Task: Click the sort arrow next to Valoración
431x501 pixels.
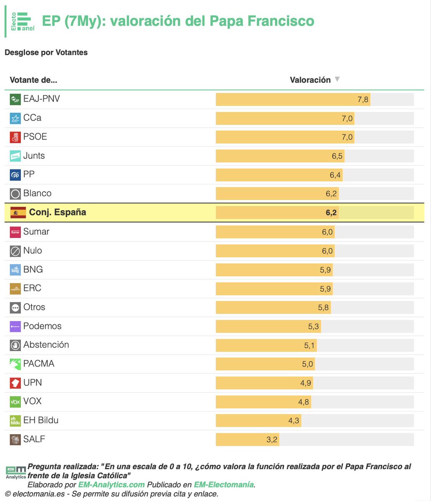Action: (x=337, y=79)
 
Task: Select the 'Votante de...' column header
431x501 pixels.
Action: (x=33, y=80)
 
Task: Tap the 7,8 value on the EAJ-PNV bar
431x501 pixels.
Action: (x=363, y=99)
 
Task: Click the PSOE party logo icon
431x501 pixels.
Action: (x=15, y=137)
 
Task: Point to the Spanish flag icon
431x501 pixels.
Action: (x=18, y=213)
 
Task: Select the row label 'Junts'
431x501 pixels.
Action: (x=34, y=156)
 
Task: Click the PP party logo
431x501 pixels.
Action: (x=15, y=175)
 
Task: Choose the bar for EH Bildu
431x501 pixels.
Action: (x=258, y=420)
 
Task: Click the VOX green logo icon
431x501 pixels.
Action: (x=15, y=402)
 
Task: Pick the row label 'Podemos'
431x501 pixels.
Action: (x=42, y=326)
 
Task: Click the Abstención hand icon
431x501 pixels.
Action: (x=15, y=345)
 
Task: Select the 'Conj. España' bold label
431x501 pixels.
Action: (x=58, y=213)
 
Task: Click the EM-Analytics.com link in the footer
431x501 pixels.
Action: (x=111, y=485)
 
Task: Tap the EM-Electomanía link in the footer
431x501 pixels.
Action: (x=224, y=485)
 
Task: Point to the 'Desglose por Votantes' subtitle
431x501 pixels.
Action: (x=46, y=53)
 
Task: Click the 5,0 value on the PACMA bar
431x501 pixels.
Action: (x=307, y=364)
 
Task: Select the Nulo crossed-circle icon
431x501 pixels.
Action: (x=15, y=251)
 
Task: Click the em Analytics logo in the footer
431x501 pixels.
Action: (x=15, y=472)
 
